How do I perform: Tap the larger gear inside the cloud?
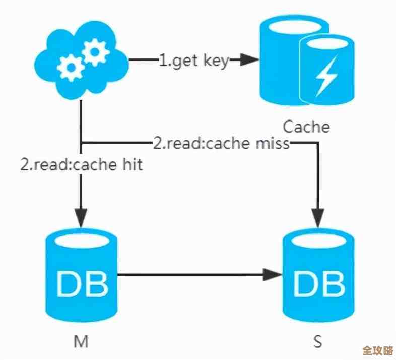coord(95,52)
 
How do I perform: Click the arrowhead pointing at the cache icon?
coord(247,61)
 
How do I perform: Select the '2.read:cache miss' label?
coord(221,143)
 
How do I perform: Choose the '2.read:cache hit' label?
coord(81,165)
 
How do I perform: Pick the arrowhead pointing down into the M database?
coord(81,217)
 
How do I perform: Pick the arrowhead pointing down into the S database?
coord(317,217)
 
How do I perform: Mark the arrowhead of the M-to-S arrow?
coord(275,275)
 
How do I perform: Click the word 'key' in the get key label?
coord(216,62)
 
